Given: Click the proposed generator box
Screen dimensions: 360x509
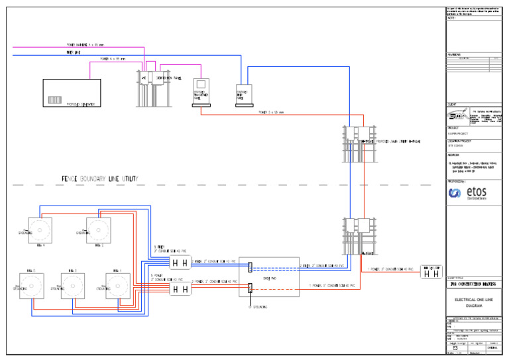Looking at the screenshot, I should (72, 93).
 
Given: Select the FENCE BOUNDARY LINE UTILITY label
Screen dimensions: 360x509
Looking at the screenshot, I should (100, 179).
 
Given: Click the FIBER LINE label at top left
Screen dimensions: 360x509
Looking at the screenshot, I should (74, 52).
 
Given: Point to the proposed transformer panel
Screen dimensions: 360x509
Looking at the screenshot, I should (201, 92).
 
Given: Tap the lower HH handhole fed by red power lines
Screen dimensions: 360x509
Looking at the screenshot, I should (180, 289).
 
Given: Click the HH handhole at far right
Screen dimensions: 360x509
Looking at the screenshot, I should (431, 273).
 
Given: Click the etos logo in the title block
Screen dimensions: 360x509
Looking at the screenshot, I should (471, 193).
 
